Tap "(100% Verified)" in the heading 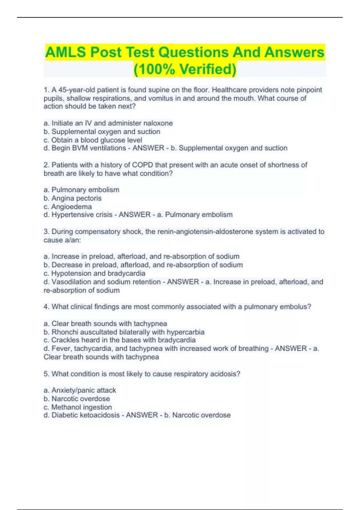tap(185, 69)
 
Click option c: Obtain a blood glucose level tap(93, 140)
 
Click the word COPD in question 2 tap(142, 165)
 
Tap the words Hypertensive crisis tap(82, 214)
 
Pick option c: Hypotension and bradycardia tap(94, 273)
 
